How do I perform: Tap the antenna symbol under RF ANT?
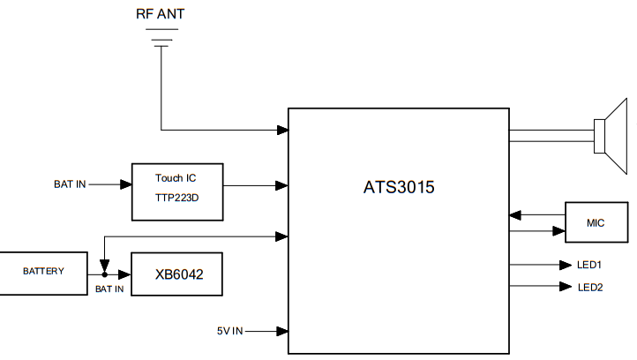161,39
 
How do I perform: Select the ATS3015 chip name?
399,187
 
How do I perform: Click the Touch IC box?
176,191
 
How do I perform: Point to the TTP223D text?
176,199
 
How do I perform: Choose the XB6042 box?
176,274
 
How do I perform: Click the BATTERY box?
43,272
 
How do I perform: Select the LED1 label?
589,264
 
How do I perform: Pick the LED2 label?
589,286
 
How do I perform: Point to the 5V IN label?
229,331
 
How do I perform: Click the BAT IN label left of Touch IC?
71,184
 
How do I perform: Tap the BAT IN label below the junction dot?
109,289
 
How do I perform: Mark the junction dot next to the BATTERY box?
104,274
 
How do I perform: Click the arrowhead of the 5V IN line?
282,331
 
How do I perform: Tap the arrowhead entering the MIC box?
558,231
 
